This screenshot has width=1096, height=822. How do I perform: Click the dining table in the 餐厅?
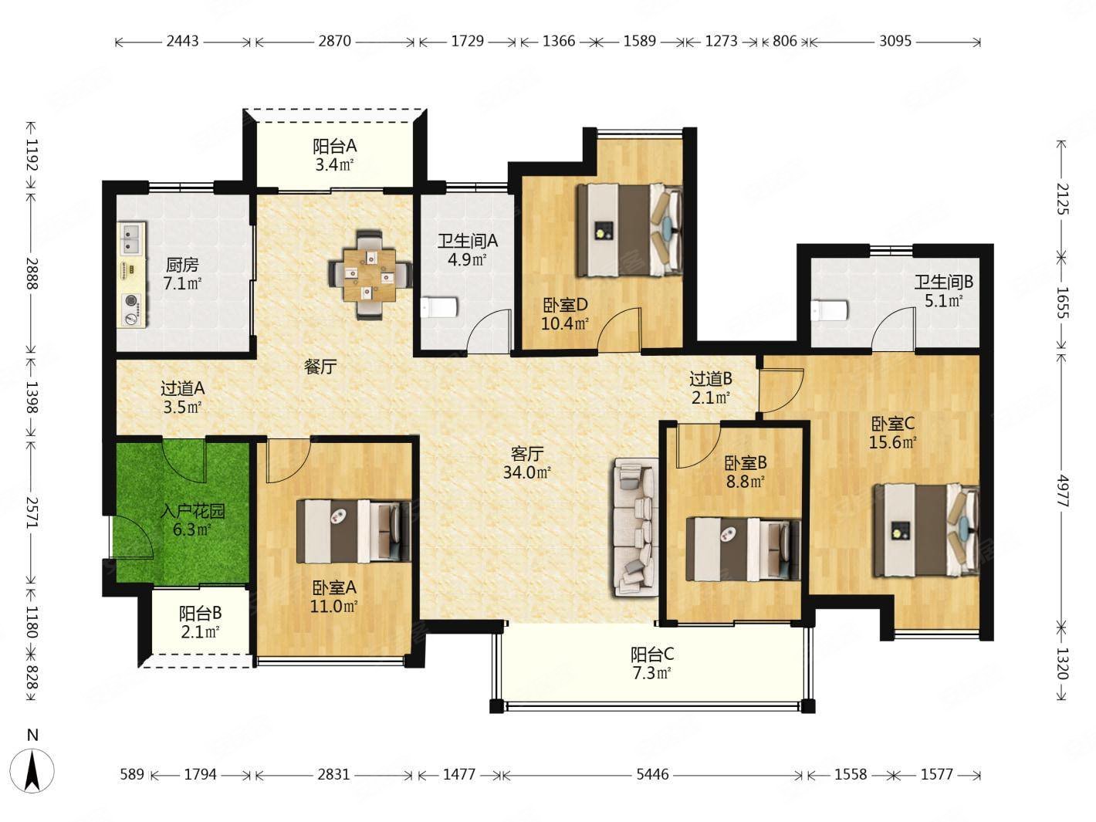[370, 274]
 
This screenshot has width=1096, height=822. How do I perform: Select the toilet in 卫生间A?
[439, 307]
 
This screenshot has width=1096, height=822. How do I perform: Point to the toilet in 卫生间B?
[830, 310]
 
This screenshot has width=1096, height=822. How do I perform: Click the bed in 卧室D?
[628, 230]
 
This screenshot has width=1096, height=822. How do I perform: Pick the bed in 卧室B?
[743, 549]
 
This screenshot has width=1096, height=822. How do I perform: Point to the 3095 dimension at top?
[895, 40]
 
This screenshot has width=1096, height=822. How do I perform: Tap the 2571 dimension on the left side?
[32, 512]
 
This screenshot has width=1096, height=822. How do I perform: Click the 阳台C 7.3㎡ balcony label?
[651, 663]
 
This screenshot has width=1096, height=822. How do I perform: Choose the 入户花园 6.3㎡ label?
[193, 519]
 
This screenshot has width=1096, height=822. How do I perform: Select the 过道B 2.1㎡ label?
[711, 387]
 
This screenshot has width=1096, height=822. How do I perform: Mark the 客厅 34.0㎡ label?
[527, 462]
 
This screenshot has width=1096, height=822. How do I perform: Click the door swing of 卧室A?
[288, 460]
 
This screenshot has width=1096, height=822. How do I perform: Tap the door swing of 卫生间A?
[489, 330]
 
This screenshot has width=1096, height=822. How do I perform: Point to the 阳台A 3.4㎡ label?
[334, 154]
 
